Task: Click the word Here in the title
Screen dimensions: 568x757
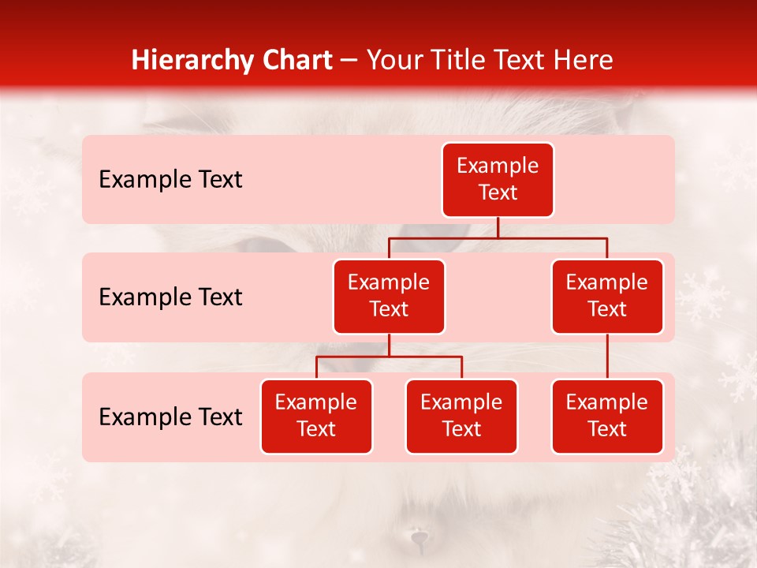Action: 582,61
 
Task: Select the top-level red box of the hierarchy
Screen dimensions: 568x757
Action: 498,179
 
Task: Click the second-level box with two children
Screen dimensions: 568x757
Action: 389,296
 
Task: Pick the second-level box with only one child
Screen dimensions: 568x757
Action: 607,296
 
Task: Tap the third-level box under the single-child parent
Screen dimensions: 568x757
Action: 607,416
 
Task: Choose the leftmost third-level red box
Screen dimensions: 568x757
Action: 316,416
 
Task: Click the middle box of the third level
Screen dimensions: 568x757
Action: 461,416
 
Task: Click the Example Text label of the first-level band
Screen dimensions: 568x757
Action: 170,179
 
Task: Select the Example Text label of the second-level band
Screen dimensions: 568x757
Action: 170,297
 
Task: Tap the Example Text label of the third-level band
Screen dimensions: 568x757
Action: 170,417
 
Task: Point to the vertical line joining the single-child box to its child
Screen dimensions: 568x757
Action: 607,357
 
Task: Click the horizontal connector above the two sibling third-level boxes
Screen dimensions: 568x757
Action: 389,357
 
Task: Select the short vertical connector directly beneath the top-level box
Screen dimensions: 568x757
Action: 498,227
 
